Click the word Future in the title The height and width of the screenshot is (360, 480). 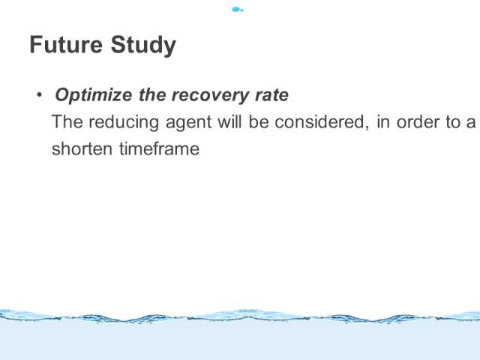[x=66, y=45]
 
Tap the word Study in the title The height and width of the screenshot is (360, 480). [x=143, y=46]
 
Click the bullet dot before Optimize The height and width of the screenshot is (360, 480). [x=39, y=95]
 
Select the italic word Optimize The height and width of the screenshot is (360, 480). [x=94, y=95]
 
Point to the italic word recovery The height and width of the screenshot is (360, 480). [x=210, y=96]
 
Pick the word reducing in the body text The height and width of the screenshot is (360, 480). [x=124, y=122]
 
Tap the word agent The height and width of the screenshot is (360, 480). [x=188, y=123]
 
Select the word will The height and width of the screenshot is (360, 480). [x=229, y=121]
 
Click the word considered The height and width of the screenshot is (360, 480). [x=320, y=121]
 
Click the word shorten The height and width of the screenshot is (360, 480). [x=82, y=148]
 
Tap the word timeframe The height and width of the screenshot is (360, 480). [x=159, y=148]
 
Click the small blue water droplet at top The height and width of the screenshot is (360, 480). [x=238, y=10]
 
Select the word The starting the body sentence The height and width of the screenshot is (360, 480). [x=67, y=121]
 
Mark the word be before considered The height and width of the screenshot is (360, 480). [x=259, y=121]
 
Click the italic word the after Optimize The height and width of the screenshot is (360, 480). [x=151, y=94]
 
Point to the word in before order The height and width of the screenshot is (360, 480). [x=383, y=121]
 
